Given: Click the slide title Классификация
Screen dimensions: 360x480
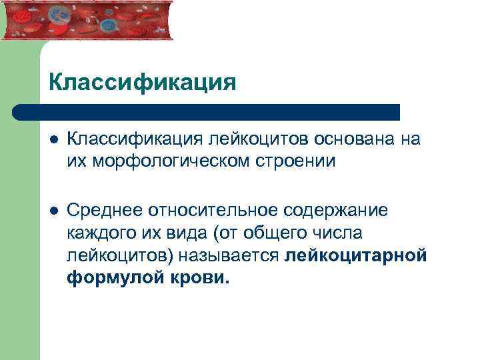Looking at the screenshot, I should tap(142, 83).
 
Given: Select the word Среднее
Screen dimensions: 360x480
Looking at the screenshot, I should tap(107, 211).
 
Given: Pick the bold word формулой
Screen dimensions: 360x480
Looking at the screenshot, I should tap(109, 278).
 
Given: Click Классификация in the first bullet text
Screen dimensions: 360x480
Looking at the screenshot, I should tap(135, 139).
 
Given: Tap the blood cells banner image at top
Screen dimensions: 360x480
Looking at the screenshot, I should tap(87, 20).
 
